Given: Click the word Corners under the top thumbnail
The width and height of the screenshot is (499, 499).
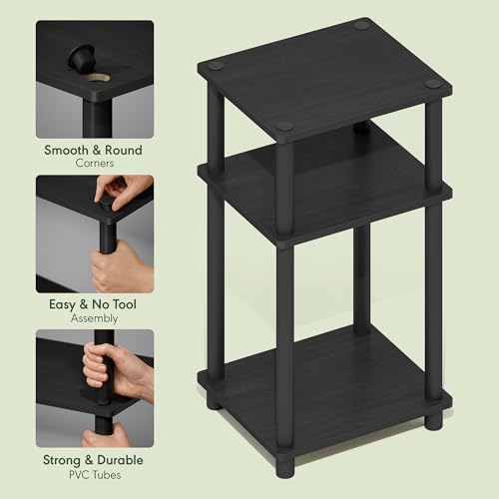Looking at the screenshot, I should pyautogui.click(x=95, y=164).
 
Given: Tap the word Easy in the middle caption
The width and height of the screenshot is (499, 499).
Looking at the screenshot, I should pyautogui.click(x=66, y=305).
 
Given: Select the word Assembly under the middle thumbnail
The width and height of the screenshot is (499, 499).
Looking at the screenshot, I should pyautogui.click(x=95, y=319).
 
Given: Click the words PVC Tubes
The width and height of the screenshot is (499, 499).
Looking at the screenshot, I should pyautogui.click(x=95, y=474).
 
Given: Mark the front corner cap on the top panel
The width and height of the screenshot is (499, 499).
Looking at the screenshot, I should pyautogui.click(x=285, y=127).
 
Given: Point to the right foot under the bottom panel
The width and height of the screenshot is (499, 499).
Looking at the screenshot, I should pyautogui.click(x=433, y=420).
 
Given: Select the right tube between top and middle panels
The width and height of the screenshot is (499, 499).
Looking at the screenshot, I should pyautogui.click(x=433, y=140).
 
